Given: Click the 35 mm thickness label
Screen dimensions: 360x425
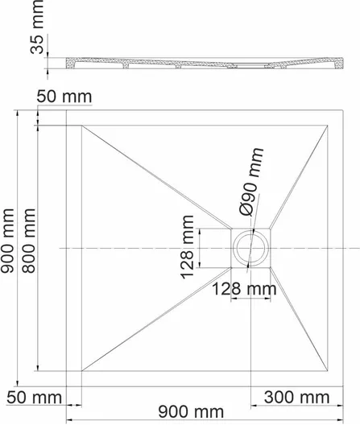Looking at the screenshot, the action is (x=37, y=27).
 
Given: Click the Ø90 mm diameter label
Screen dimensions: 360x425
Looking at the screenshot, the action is (x=251, y=182).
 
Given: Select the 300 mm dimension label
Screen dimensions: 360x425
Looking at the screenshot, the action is (x=297, y=398).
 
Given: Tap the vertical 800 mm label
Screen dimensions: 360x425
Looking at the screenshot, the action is (x=28, y=241).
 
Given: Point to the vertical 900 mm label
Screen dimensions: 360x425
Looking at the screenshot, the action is (x=7, y=241).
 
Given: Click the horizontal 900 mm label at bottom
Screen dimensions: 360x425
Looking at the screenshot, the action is (x=191, y=412).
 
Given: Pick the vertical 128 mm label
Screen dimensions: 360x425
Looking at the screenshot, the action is (x=187, y=247).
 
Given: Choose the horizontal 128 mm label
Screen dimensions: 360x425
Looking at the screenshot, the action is (x=244, y=289).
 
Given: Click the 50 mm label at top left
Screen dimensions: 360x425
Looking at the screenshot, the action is (x=64, y=97).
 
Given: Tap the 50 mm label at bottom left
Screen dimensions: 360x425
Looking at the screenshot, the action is (x=35, y=398).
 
